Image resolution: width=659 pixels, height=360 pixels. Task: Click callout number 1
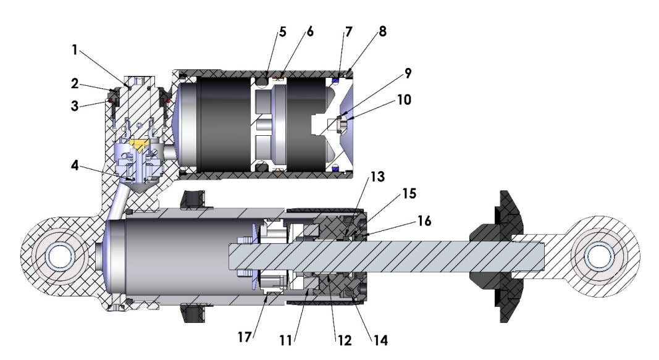click(74, 51)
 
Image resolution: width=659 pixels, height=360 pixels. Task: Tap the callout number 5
click(283, 33)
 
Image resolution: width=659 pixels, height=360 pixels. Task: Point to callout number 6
click(310, 33)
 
